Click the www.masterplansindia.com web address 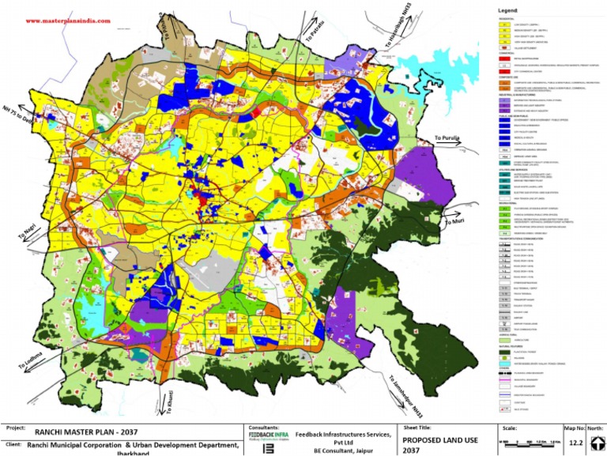coord(68,21)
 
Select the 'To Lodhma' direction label coord(29,360)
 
